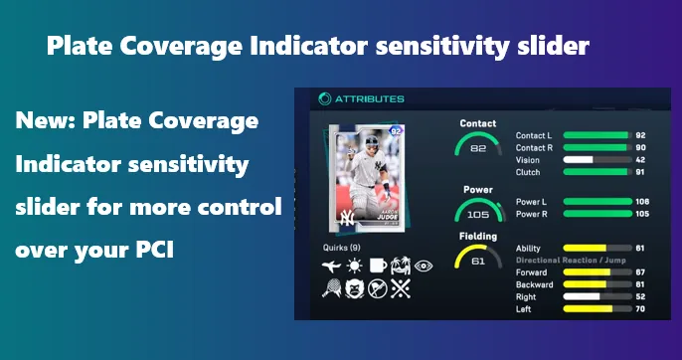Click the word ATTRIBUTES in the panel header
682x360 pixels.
pyautogui.click(x=371, y=98)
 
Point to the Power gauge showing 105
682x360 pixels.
pyautogui.click(x=478, y=212)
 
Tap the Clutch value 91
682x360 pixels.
pyautogui.click(x=641, y=172)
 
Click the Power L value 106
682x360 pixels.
pyautogui.click(x=641, y=201)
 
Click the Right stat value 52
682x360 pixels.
pyautogui.click(x=641, y=296)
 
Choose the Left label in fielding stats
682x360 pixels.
pyautogui.click(x=524, y=308)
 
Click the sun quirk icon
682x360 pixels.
pyautogui.click(x=355, y=266)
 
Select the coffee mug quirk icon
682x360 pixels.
pyautogui.click(x=378, y=266)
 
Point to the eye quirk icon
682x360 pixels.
pyautogui.click(x=424, y=266)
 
